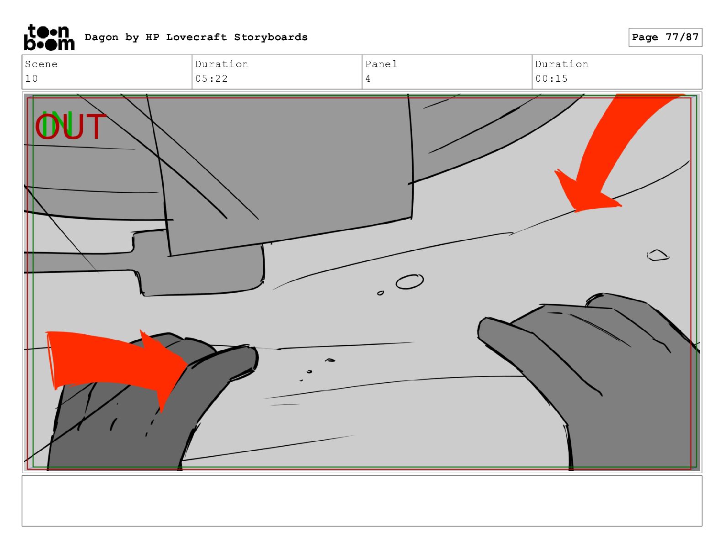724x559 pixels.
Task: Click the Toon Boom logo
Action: point(49,37)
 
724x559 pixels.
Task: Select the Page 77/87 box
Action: point(665,37)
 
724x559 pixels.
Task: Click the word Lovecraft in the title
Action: point(196,37)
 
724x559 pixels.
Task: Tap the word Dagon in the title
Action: point(101,37)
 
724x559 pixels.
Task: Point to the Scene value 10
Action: point(32,79)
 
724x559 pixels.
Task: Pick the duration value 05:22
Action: point(211,79)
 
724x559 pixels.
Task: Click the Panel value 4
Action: point(368,79)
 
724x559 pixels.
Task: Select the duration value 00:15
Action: point(551,79)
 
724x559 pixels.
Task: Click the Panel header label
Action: point(381,64)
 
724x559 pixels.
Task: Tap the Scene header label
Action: point(41,64)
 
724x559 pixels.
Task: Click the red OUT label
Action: point(71,126)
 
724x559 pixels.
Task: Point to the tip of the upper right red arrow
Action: point(575,211)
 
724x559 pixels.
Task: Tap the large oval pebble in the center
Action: point(410,282)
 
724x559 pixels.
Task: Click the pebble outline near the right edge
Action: point(658,255)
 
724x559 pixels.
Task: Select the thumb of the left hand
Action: point(230,359)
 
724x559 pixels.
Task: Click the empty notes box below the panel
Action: point(362,501)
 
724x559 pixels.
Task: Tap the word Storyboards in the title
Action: point(271,37)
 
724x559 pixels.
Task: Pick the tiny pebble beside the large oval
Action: point(380,293)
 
